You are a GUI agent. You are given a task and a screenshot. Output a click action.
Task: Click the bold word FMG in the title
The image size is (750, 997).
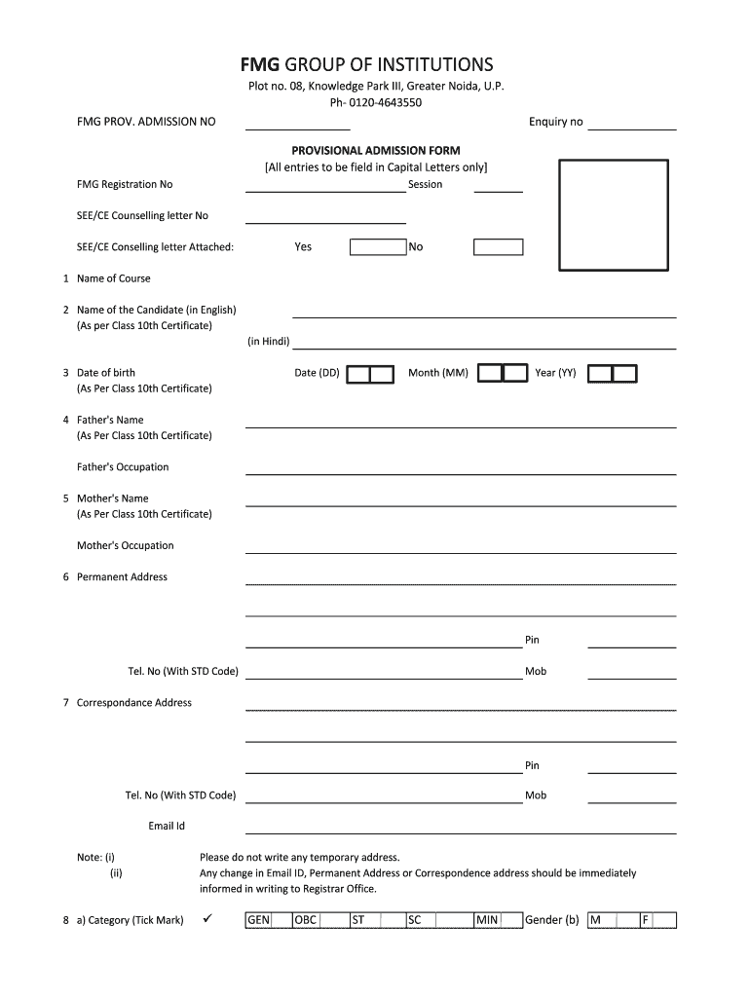[260, 65]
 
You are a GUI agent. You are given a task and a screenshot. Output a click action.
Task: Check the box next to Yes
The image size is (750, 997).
[377, 247]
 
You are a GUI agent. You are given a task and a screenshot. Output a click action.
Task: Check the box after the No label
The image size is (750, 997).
[499, 247]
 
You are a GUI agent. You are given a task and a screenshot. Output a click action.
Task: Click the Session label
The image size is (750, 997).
[425, 185]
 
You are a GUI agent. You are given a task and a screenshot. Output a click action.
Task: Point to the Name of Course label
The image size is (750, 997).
[114, 278]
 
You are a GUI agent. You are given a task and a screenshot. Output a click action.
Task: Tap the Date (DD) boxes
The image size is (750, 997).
[371, 374]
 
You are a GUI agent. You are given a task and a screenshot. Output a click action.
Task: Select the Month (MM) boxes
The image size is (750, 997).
[503, 374]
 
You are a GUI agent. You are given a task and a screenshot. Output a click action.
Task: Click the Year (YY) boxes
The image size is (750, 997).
[613, 374]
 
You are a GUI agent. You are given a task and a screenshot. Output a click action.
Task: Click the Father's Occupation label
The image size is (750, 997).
[123, 467]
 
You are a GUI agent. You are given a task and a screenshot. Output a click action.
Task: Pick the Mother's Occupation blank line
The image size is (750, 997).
[461, 551]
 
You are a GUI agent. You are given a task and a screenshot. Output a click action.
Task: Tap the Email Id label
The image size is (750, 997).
[167, 827]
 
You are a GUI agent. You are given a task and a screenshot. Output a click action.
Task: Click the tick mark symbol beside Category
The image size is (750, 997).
[206, 919]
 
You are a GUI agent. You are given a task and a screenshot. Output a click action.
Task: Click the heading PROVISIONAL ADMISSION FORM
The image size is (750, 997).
[376, 151]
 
